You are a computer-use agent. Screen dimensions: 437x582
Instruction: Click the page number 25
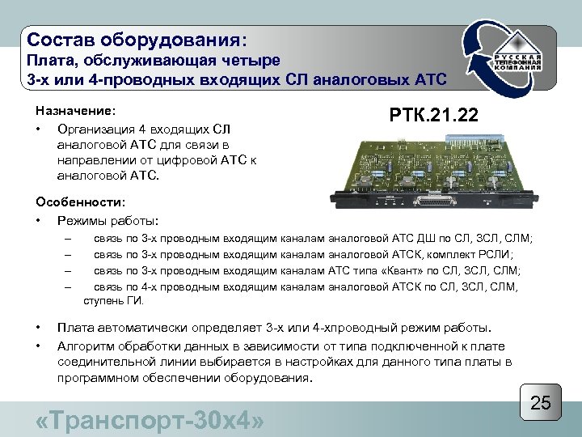coord(541,403)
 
